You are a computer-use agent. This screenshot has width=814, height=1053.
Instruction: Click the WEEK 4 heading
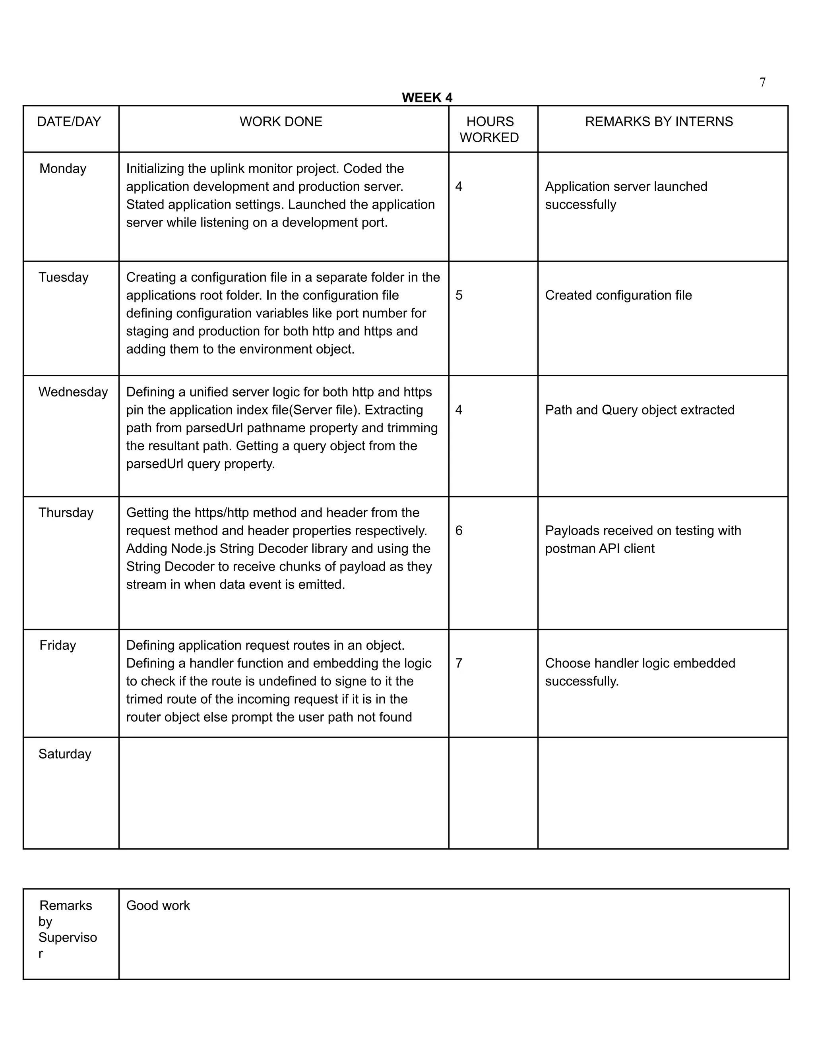(427, 98)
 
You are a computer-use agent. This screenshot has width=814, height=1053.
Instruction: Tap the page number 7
(762, 82)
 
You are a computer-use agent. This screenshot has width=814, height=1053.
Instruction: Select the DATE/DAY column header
(69, 122)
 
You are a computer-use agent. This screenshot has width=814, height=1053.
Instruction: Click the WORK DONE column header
(281, 122)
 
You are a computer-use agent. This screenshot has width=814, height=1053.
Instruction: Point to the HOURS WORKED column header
(489, 129)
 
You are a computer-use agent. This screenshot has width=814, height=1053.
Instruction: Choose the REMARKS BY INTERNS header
(659, 122)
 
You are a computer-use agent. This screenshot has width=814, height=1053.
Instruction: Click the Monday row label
(63, 169)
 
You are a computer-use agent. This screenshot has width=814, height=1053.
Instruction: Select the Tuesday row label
(63, 277)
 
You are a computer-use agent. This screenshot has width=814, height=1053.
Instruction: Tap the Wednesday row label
(73, 392)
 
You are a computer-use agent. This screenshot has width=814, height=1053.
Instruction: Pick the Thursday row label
(66, 513)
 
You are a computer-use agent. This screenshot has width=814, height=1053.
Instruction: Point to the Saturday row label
(65, 754)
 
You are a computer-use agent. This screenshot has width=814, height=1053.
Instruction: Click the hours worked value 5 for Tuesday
(459, 295)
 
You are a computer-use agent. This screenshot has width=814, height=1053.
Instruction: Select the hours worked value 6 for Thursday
(459, 530)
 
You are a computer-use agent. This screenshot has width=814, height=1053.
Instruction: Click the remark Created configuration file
(618, 295)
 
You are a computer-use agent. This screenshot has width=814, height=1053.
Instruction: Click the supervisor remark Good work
(158, 906)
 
